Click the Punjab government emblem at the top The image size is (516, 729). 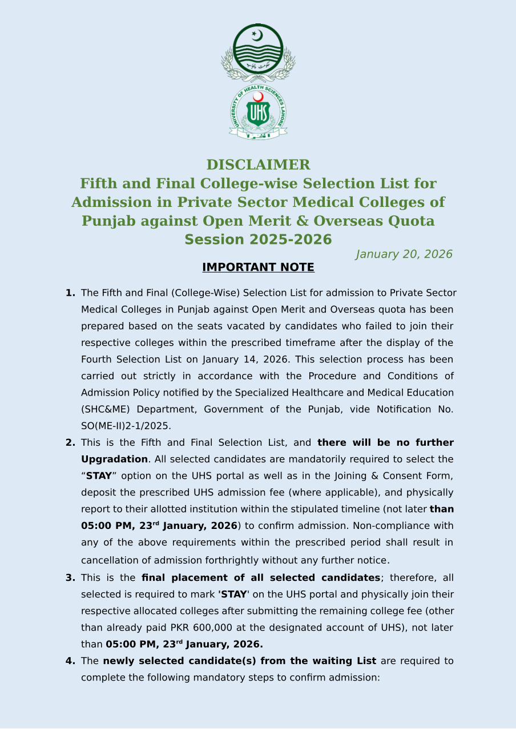pos(258,52)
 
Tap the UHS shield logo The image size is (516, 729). pos(258,112)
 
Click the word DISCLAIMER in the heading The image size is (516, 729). pos(258,165)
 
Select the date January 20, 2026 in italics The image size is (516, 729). pos(404,254)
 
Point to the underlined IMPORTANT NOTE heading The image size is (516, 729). pos(258,267)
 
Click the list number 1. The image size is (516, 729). pos(70,293)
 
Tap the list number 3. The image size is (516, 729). pos(70,578)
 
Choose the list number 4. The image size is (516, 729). pos(70,661)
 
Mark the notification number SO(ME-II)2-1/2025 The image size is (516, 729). pos(126,426)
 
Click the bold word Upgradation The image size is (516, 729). pos(114,459)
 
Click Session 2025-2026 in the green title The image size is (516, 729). pos(258,239)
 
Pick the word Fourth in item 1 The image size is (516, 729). pos(98,360)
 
